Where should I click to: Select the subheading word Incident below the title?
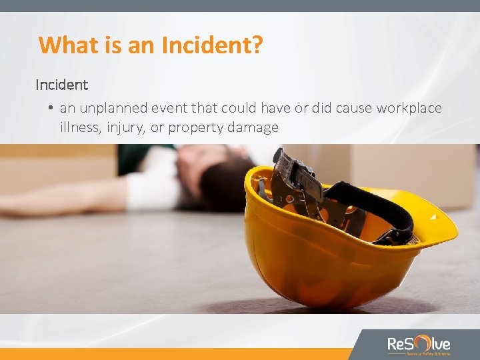(x=61, y=85)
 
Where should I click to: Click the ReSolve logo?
(x=419, y=345)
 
